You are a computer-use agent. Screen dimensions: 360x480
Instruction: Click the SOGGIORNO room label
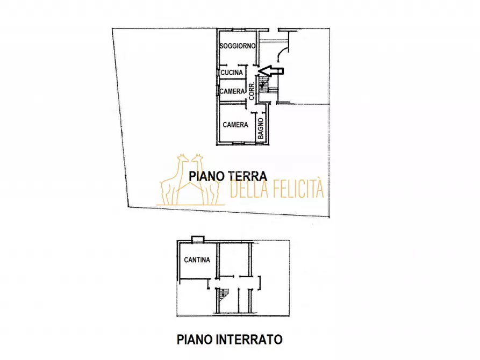click(x=237, y=46)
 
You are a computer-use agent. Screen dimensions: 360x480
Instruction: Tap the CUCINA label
click(x=232, y=72)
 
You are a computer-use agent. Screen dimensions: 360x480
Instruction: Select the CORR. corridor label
click(x=252, y=95)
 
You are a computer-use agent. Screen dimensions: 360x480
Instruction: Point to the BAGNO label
click(x=260, y=129)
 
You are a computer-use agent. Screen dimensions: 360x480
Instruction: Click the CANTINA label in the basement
click(x=197, y=260)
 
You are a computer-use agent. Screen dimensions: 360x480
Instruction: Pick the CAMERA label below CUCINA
click(x=232, y=91)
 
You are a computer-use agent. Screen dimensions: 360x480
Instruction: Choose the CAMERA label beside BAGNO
click(x=235, y=125)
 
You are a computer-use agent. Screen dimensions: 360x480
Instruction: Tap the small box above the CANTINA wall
click(x=197, y=238)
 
